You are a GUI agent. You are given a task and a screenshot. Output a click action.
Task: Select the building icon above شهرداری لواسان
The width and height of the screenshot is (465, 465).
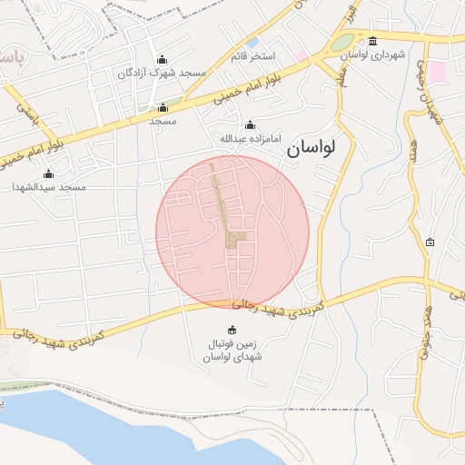click(x=374, y=41)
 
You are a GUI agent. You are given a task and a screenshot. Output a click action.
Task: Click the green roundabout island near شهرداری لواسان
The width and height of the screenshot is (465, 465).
click(x=342, y=43)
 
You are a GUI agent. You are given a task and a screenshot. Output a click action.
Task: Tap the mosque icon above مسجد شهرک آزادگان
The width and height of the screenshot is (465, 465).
click(x=162, y=58)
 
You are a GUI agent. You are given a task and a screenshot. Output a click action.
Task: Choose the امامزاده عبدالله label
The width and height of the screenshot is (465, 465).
click(x=250, y=139)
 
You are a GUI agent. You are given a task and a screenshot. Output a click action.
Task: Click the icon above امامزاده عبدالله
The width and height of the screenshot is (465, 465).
click(x=250, y=125)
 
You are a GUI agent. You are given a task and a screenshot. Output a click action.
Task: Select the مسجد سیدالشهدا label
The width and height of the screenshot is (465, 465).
click(x=48, y=186)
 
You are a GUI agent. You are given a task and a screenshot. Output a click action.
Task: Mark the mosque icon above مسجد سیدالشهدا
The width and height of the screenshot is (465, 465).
click(x=48, y=173)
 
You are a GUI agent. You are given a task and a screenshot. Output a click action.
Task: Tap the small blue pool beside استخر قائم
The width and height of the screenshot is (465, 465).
click(x=252, y=43)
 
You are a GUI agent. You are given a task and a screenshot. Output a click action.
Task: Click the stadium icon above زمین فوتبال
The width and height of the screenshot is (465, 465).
click(x=231, y=330)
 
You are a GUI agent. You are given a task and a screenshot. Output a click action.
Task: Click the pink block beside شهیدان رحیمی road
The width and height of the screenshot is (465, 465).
click(x=438, y=71)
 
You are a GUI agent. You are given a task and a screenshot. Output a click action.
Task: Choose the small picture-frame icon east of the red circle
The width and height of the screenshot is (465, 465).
click(x=430, y=242)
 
